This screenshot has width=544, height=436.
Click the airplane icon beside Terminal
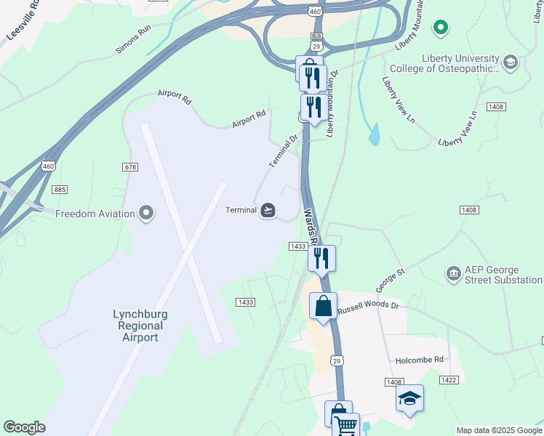pos(268,211)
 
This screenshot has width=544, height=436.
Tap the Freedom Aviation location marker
pos(147,214)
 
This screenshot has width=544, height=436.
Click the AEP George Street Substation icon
pos(454,273)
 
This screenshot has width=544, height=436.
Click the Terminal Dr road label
pos(284,151)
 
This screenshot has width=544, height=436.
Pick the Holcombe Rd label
pos(419,360)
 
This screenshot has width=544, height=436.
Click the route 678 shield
pos(130,167)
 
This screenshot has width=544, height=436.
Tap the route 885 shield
pos(60,190)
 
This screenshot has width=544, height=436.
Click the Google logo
pos(24,427)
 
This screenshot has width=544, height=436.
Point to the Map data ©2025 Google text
pos(499,430)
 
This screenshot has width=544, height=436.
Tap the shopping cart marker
pos(346,426)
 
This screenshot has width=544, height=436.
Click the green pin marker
pos(439,28)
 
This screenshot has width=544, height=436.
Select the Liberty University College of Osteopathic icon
pos(510,62)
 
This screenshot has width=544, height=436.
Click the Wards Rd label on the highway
pos(310,227)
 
